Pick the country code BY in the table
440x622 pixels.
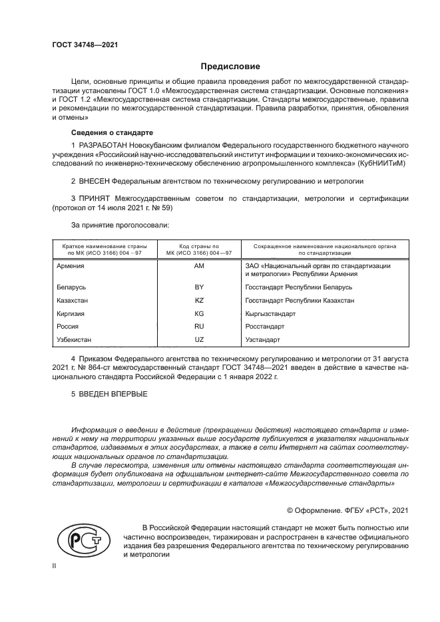click(198, 287)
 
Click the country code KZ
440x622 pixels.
click(198, 300)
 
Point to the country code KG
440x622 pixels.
click(198, 313)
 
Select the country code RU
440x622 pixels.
click(198, 327)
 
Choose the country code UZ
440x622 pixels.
click(198, 340)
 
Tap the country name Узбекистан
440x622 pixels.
click(75, 340)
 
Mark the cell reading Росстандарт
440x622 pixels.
click(265, 327)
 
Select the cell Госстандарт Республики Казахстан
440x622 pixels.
click(300, 300)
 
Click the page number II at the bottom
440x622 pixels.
click(55, 565)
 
